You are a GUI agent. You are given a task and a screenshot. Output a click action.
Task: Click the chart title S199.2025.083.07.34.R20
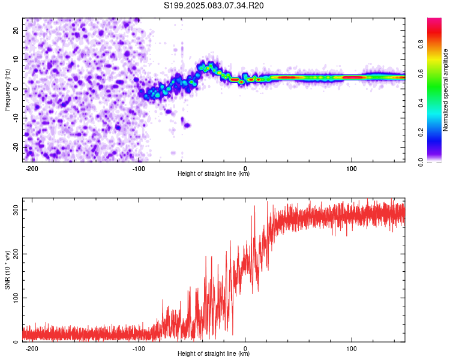(x=214, y=6)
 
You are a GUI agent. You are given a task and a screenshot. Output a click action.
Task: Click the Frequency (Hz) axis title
(x=7, y=90)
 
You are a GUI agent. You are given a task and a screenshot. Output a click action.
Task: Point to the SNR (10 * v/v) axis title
(x=7, y=270)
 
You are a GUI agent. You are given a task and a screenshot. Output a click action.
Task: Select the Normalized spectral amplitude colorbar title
(x=446, y=90)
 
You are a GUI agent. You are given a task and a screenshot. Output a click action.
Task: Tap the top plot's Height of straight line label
(x=214, y=174)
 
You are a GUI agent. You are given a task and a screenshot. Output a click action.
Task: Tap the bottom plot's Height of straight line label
(x=214, y=354)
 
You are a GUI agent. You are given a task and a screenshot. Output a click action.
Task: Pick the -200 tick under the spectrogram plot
(x=32, y=168)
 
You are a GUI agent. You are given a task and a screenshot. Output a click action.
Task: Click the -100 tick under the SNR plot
(x=139, y=348)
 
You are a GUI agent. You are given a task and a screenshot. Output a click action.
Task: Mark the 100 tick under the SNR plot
(x=352, y=348)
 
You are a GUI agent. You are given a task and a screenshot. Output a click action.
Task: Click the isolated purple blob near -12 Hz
(x=187, y=125)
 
